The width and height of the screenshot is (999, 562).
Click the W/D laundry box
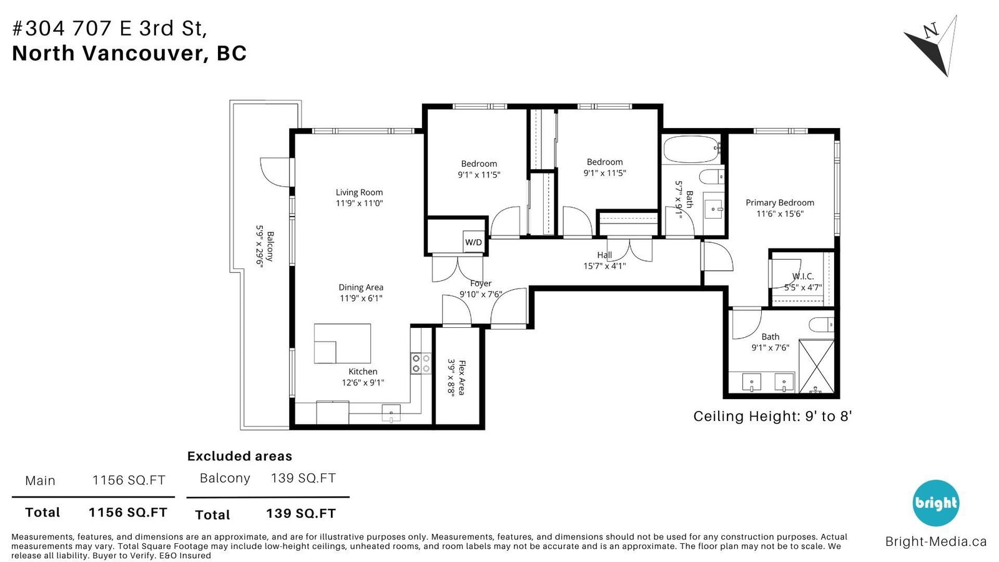click(x=473, y=242)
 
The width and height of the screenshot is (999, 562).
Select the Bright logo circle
click(x=936, y=503)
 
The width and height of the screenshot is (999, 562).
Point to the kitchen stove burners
click(x=421, y=363)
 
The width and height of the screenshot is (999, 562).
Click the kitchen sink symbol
click(x=391, y=413)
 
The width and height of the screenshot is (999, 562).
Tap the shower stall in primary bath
click(x=816, y=366)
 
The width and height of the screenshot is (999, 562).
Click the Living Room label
click(x=359, y=192)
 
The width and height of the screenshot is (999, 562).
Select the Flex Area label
click(x=462, y=377)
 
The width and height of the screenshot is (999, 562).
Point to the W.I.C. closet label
click(x=803, y=277)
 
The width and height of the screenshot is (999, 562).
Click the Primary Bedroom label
click(x=780, y=202)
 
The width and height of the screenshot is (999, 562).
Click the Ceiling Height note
click(x=772, y=416)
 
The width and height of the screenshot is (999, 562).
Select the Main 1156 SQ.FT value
click(x=129, y=480)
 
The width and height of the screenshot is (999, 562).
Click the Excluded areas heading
click(x=240, y=456)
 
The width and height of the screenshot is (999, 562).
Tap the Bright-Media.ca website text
click(x=936, y=541)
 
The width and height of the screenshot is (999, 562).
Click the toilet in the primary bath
click(x=821, y=325)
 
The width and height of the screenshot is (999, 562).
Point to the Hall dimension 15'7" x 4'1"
click(x=604, y=266)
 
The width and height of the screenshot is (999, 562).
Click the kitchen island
click(x=342, y=343)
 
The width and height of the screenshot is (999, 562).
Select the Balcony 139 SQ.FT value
click(x=303, y=478)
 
